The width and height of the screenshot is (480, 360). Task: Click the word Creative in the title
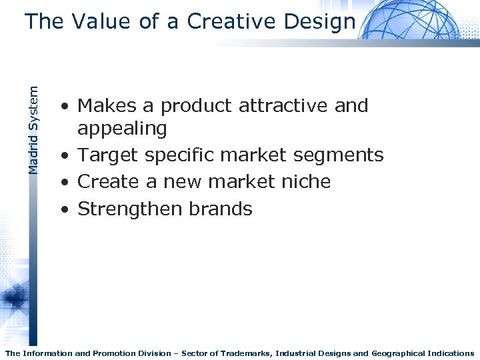[x=231, y=21]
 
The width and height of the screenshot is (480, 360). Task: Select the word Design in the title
[x=319, y=21]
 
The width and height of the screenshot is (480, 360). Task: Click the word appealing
[x=122, y=127]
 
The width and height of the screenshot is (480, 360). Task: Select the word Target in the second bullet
[x=110, y=155]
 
